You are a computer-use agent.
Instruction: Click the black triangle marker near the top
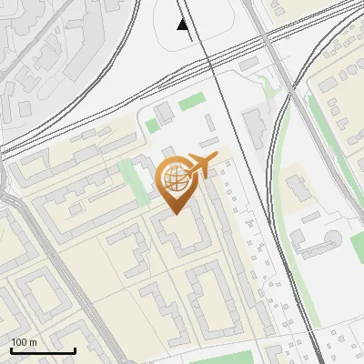pyautogui.click(x=184, y=25)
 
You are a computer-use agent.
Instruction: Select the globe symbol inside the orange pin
pyautogui.click(x=173, y=178)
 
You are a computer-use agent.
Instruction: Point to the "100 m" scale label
pyautogui.click(x=24, y=342)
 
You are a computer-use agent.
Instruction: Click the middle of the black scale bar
pyautogui.click(x=43, y=350)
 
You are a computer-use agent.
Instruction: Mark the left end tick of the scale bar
pyautogui.click(x=11, y=349)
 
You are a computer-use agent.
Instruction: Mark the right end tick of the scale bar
pyautogui.click(x=75, y=349)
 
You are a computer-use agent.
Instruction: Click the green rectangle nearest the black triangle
pyautogui.click(x=191, y=102)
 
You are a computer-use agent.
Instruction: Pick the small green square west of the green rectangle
pyautogui.click(x=150, y=125)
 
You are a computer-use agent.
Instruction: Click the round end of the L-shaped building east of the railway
pyautogui.click(x=333, y=241)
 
